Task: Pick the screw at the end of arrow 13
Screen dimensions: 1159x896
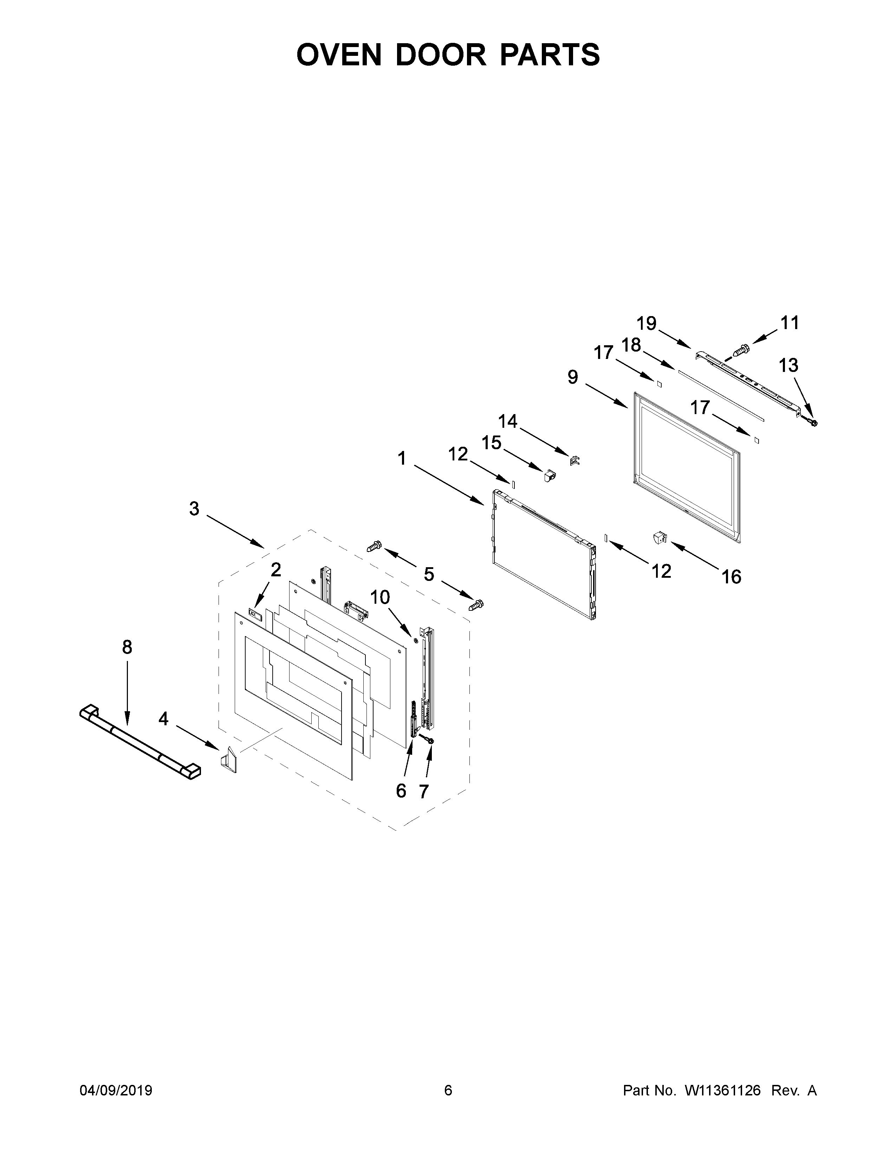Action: pyautogui.click(x=812, y=422)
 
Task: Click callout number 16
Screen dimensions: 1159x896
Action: pyautogui.click(x=731, y=576)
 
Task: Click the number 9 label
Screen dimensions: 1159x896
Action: pyautogui.click(x=573, y=377)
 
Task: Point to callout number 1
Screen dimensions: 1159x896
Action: pyautogui.click(x=402, y=458)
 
